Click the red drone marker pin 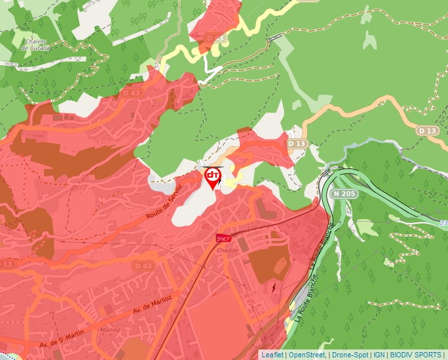click(x=212, y=177)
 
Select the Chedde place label click(x=227, y=251)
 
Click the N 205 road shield click(x=344, y=193)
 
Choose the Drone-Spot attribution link click(x=350, y=355)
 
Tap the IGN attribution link click(x=379, y=355)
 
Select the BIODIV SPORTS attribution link click(x=415, y=355)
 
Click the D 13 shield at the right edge click(x=428, y=131)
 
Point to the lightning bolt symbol click(x=273, y=287)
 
